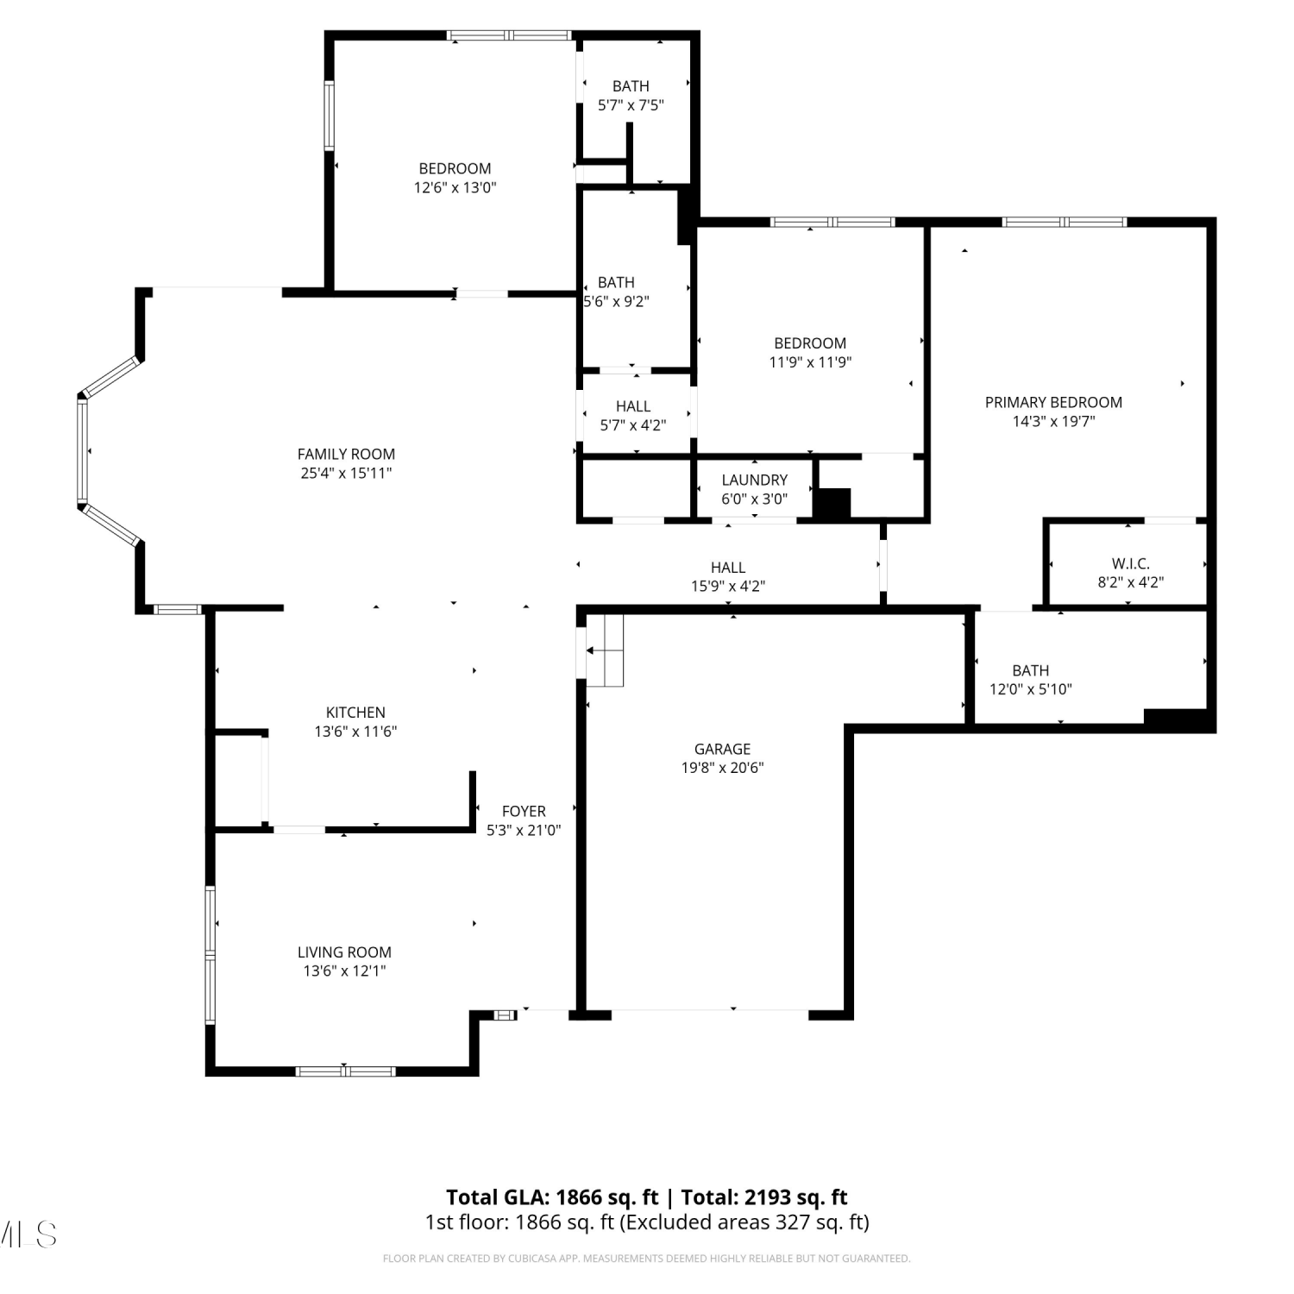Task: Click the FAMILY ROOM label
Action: click(346, 454)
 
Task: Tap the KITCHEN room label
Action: click(355, 713)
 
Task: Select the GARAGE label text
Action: click(723, 749)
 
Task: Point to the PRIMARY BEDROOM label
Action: click(1053, 402)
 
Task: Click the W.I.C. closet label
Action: click(1130, 563)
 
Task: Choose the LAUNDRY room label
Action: click(755, 480)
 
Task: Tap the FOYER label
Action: click(524, 811)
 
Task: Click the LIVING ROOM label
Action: click(344, 952)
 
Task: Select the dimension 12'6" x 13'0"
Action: click(455, 187)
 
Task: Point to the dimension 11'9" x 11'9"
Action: click(810, 362)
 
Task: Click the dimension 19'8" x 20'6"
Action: click(723, 768)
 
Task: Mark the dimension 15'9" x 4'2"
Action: click(728, 586)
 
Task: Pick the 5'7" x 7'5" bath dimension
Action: click(631, 105)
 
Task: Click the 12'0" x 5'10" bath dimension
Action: click(1031, 689)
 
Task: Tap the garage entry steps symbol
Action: click(605, 650)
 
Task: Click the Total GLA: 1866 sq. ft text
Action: click(552, 1197)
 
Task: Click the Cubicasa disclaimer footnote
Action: click(646, 1259)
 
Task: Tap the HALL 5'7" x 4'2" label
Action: click(633, 416)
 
